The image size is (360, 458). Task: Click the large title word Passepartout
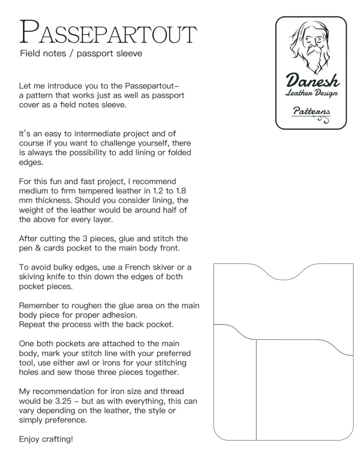(108, 32)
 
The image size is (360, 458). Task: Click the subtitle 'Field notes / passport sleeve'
(81, 53)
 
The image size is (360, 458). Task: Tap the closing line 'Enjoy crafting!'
(46, 439)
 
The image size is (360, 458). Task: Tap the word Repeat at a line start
(31, 324)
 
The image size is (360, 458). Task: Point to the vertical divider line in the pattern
(256, 390)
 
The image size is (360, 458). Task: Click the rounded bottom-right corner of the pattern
(349, 435)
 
